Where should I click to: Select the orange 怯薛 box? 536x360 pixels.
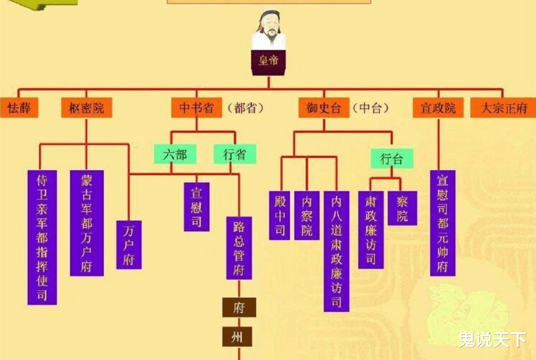pyautogui.click(x=19, y=108)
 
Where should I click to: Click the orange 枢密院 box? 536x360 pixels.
pyautogui.click(x=86, y=108)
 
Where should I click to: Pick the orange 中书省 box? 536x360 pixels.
pyautogui.click(x=197, y=108)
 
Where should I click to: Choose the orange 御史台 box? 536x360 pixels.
pyautogui.click(x=324, y=108)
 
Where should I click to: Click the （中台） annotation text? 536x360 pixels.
pyautogui.click(x=371, y=108)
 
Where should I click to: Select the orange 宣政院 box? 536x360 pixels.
pyautogui.click(x=438, y=108)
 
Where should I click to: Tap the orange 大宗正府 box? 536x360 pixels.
pyautogui.click(x=503, y=108)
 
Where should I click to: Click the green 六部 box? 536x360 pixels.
pyautogui.click(x=175, y=154)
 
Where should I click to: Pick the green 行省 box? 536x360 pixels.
pyautogui.click(x=235, y=154)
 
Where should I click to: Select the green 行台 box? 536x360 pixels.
pyautogui.click(x=392, y=159)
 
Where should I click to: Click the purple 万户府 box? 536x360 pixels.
pyautogui.click(x=129, y=245)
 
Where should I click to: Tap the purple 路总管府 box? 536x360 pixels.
pyautogui.click(x=239, y=247)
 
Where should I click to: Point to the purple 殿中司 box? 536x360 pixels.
pyautogui.click(x=280, y=215)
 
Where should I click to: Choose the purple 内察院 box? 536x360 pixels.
pyautogui.click(x=307, y=215)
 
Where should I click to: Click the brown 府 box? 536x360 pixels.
pyautogui.click(x=239, y=308)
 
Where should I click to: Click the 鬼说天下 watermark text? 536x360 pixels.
pyautogui.click(x=492, y=339)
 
